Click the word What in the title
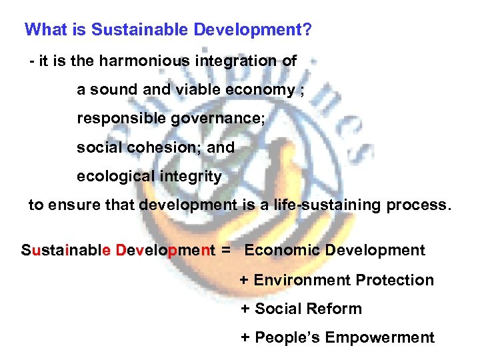(43, 30)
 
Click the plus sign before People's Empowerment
(245, 338)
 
